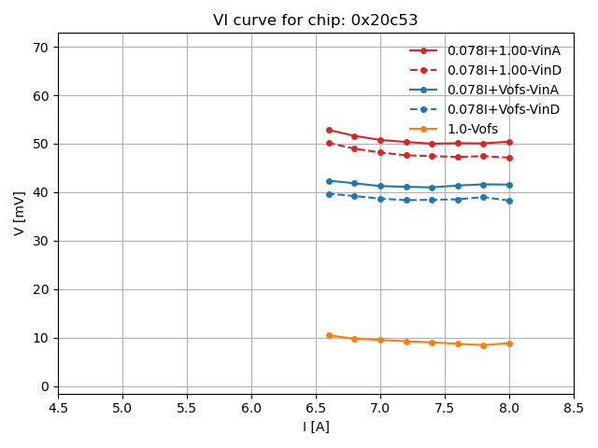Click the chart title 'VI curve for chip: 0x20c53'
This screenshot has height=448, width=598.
pos(315,21)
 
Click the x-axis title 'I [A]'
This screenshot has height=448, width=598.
pos(316,427)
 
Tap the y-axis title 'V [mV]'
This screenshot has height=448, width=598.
pos(20,210)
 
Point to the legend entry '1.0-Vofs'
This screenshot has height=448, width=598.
pos(472,129)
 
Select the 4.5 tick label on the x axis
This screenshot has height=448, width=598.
pos(58,408)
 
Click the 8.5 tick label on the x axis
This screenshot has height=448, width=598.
pos(574,408)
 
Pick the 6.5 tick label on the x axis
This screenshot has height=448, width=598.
pos(316,408)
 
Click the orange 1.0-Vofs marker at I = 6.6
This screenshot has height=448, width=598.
pos(329,335)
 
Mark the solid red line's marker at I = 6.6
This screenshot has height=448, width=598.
pos(329,130)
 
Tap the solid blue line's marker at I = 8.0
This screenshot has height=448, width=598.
pos(509,185)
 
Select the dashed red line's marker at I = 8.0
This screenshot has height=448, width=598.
pos(509,158)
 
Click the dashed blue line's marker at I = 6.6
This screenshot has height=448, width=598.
pos(329,194)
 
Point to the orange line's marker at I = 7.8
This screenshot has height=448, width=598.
pos(483,345)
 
